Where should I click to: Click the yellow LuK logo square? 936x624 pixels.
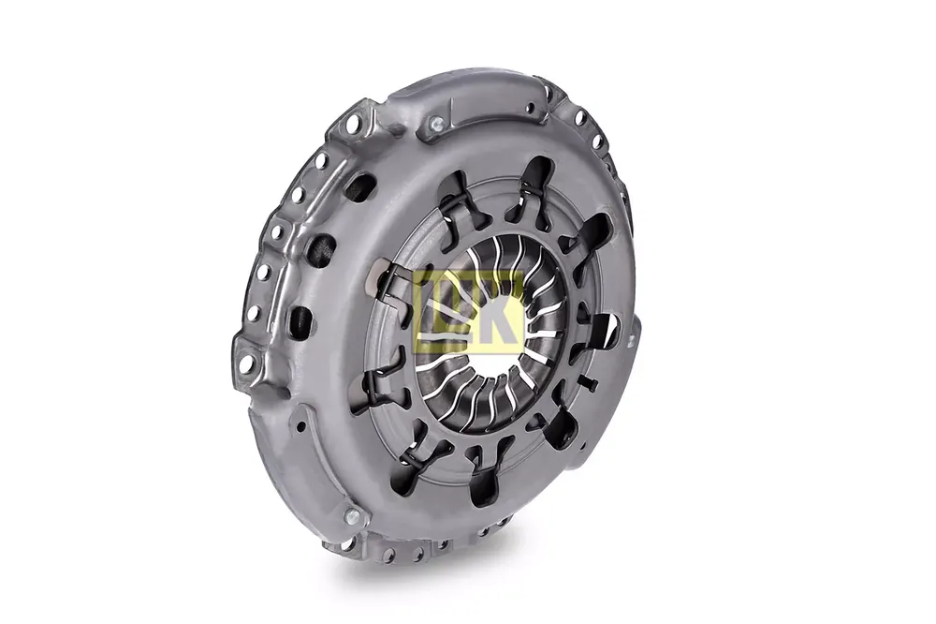click(x=471, y=311)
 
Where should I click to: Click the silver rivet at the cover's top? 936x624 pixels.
click(x=436, y=125)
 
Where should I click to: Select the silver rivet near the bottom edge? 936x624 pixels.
click(x=352, y=514)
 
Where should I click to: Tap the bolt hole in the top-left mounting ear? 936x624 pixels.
click(x=357, y=124)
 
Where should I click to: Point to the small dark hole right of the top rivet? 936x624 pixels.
click(x=529, y=108)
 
